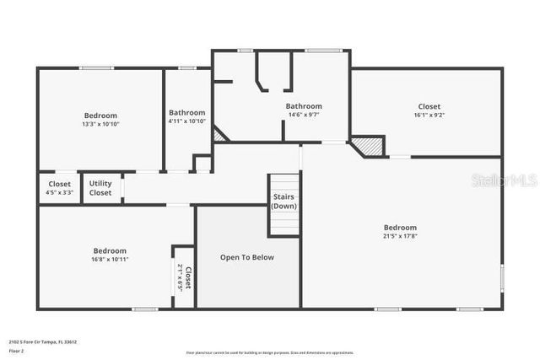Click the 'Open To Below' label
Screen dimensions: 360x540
(246, 257)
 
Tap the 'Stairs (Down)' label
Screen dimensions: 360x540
(284, 201)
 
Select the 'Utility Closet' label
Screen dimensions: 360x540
(100, 188)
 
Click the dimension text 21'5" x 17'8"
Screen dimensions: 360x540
(400, 236)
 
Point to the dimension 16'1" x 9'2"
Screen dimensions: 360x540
(429, 116)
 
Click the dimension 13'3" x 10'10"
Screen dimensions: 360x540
(100, 124)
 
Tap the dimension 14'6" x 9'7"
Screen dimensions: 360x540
(304, 115)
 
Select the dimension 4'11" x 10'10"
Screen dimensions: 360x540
(186, 121)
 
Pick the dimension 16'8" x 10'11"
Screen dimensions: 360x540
(110, 259)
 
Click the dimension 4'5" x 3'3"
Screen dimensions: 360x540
(59, 192)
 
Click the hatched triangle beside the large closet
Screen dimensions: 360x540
(368, 147)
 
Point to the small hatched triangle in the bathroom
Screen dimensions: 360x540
(220, 134)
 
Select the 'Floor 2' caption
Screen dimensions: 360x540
(17, 350)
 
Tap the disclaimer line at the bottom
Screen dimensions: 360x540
(270, 352)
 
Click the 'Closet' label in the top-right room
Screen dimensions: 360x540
(429, 106)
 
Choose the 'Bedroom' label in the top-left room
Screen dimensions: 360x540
(100, 116)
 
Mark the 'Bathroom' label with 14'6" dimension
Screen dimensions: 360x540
(304, 106)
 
